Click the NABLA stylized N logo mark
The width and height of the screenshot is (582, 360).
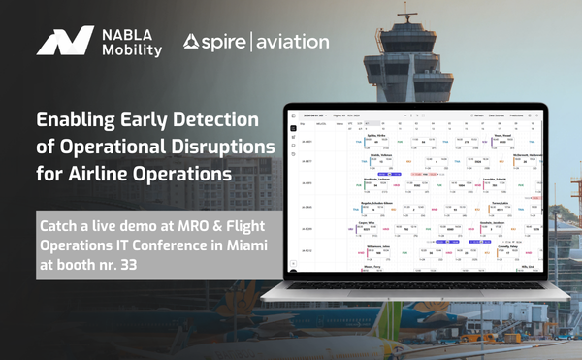(x=65, y=43)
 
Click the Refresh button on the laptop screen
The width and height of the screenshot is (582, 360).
(x=477, y=115)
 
